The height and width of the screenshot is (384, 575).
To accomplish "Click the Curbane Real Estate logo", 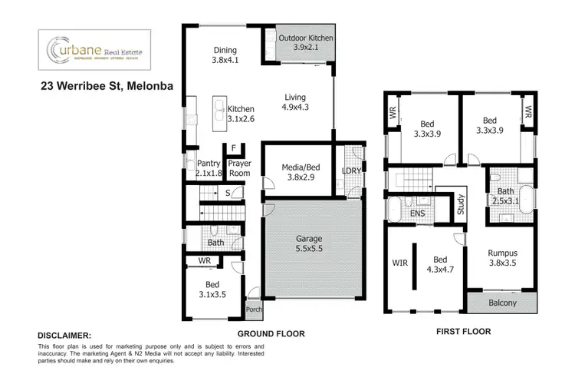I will click(x=95, y=51).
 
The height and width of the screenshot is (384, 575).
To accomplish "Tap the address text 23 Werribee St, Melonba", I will click(x=107, y=86).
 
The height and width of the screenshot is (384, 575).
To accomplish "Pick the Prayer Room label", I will click(x=239, y=168).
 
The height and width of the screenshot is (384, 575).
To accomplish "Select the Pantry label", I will click(x=209, y=168).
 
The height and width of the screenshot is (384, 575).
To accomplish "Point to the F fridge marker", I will click(x=233, y=149).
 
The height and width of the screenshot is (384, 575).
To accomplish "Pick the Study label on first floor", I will click(x=461, y=205).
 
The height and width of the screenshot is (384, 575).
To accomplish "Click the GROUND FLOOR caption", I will click(x=271, y=334).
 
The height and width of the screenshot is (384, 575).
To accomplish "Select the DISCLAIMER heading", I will click(x=65, y=336).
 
